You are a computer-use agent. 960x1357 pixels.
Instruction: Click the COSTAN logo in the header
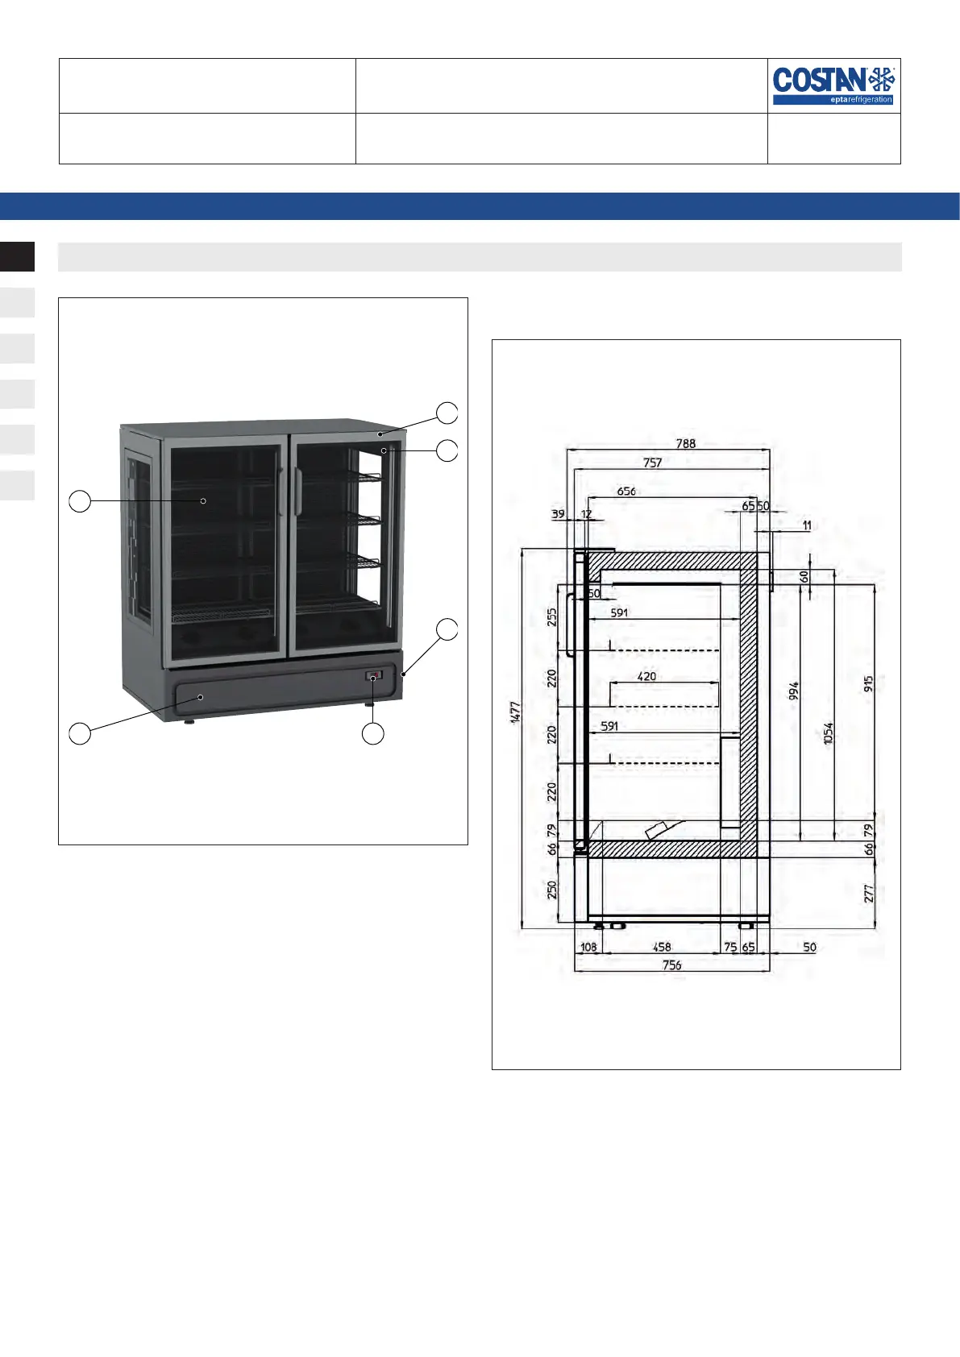(833, 86)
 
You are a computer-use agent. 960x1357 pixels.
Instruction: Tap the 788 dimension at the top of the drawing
(685, 443)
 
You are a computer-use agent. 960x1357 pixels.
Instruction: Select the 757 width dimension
(652, 463)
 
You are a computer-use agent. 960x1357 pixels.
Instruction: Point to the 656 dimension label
(626, 492)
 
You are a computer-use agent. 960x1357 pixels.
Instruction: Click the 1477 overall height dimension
(515, 712)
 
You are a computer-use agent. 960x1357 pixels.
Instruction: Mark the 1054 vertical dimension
(828, 733)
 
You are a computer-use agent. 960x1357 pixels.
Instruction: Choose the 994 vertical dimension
(793, 691)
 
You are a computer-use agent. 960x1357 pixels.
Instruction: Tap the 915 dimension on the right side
(868, 684)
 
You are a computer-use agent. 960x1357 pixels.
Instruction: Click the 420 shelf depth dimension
(646, 676)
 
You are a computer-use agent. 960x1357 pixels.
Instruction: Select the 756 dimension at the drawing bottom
(671, 965)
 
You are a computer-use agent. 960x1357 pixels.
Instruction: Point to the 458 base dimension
(662, 947)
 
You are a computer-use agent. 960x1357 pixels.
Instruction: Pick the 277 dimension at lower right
(868, 893)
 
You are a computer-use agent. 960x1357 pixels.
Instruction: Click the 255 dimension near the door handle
(551, 617)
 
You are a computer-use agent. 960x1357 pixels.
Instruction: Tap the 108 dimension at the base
(588, 947)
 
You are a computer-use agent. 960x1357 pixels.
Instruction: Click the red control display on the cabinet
(374, 674)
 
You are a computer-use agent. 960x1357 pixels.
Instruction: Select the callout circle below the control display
(372, 733)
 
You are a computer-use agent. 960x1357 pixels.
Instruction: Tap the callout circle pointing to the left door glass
(79, 501)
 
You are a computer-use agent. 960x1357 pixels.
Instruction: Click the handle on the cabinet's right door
(298, 492)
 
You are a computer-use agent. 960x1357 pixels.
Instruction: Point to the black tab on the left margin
(17, 256)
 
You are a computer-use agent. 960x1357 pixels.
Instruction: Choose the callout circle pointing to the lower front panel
(79, 733)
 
